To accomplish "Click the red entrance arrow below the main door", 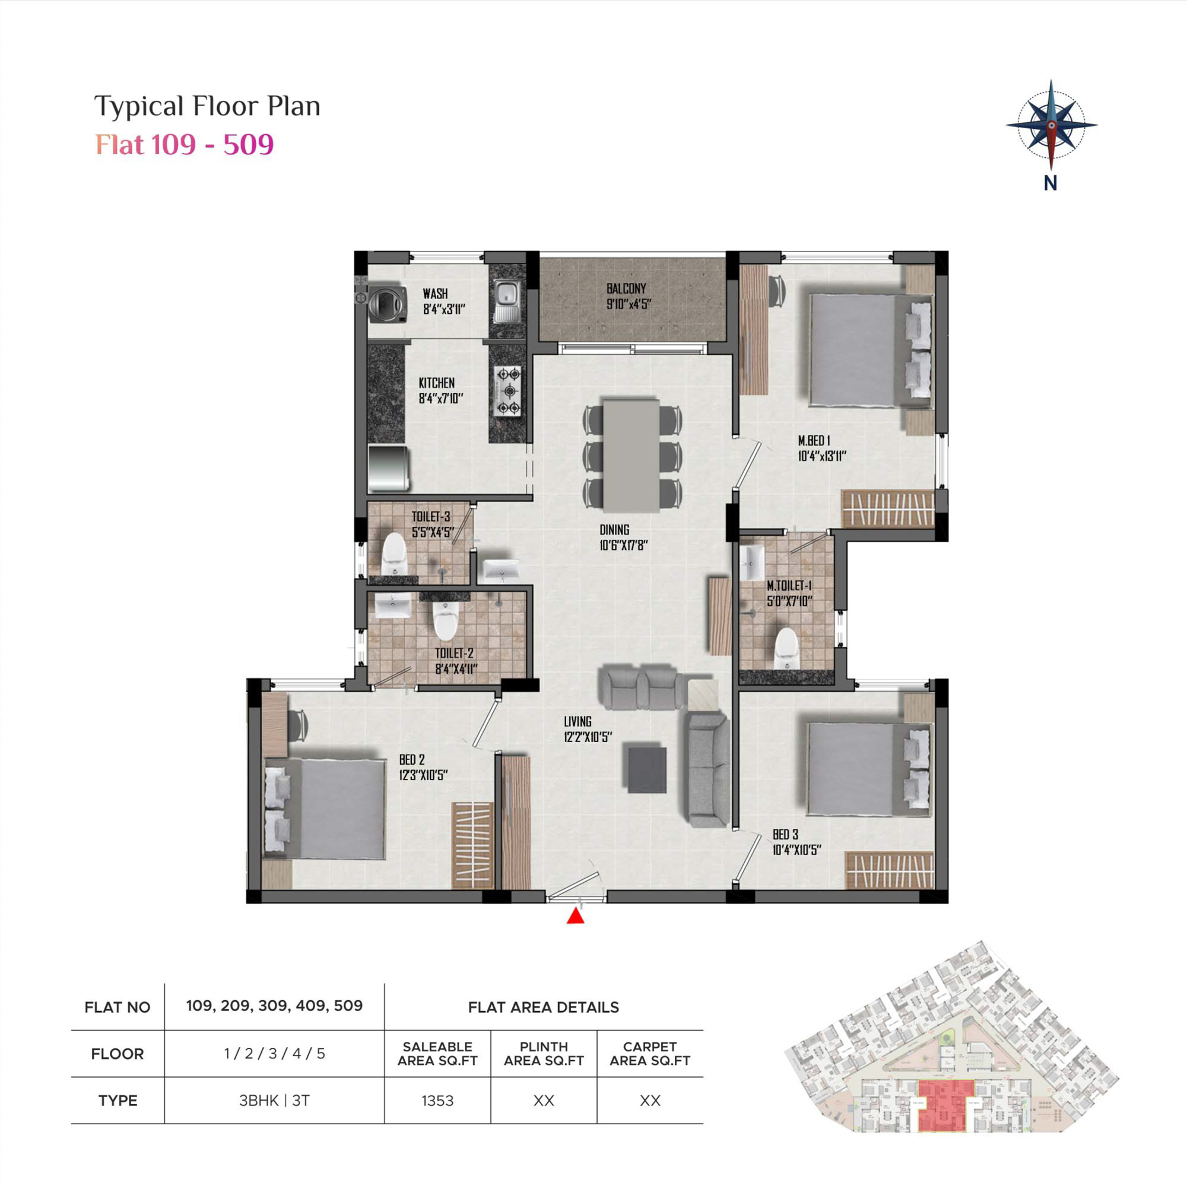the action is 575,916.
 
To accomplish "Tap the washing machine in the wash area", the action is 387,303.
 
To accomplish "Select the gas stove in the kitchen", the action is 508,390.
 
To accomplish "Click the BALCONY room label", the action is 626,288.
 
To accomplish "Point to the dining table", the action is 631,455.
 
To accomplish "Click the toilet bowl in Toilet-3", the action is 395,555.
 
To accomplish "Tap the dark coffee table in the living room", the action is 646,769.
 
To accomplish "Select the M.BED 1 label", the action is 814,440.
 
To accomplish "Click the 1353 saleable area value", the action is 437,1101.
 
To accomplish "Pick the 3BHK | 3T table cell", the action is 274,1101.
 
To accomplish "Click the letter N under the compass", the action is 1050,183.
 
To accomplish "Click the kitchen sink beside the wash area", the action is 507,301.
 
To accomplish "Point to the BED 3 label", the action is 785,835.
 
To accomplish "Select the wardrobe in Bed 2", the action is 472,845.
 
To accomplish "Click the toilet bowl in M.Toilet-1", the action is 786,647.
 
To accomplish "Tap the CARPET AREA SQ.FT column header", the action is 650,1054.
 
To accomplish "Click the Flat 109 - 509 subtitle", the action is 185,144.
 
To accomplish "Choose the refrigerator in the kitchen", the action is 388,468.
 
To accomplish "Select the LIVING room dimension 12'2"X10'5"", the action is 588,737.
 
